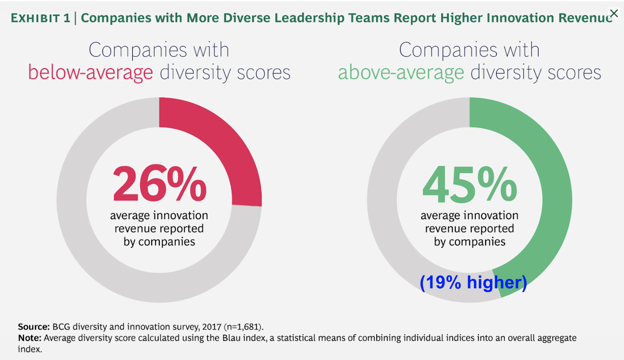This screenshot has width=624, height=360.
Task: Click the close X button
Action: [x=614, y=13]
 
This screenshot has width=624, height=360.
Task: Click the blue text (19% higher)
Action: [x=473, y=283]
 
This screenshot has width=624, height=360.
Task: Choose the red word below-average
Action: [x=90, y=73]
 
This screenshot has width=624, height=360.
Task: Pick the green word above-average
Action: [x=401, y=73]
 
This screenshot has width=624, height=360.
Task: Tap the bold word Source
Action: [x=34, y=326]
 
